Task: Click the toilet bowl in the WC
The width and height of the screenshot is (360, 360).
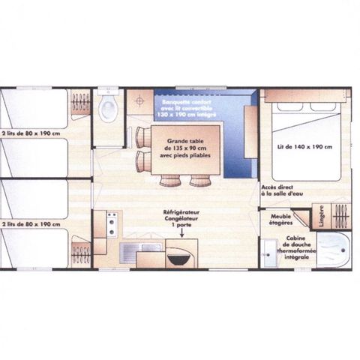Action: [x=108, y=109]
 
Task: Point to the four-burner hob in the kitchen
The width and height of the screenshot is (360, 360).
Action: [x=112, y=223]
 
